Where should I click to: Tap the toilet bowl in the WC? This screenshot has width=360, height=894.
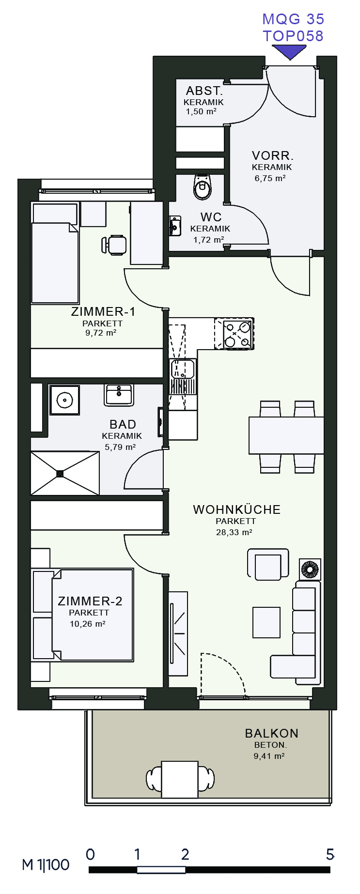(x=202, y=187)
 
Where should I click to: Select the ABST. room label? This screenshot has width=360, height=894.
(x=204, y=91)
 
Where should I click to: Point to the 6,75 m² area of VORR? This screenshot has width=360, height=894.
(x=270, y=178)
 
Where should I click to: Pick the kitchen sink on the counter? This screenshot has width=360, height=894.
(x=183, y=369)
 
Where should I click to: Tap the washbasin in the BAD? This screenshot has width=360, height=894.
(x=119, y=395)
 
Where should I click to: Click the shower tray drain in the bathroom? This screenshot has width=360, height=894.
(x=60, y=473)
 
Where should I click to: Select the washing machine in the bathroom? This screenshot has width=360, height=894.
(x=64, y=400)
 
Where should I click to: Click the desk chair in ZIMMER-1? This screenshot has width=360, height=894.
(x=115, y=245)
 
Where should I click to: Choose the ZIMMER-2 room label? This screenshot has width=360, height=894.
(x=90, y=601)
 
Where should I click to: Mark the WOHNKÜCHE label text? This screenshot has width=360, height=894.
(x=236, y=509)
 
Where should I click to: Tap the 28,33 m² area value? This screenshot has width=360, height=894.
(x=234, y=532)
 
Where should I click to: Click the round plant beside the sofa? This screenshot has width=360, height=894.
(x=310, y=569)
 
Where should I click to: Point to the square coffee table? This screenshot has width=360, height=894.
(x=266, y=622)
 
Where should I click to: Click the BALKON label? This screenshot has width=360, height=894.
(x=271, y=733)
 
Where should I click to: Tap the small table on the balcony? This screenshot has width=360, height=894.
(x=180, y=779)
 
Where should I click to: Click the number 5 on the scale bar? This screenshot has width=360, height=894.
(x=329, y=854)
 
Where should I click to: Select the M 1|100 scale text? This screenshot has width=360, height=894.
(x=46, y=864)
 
